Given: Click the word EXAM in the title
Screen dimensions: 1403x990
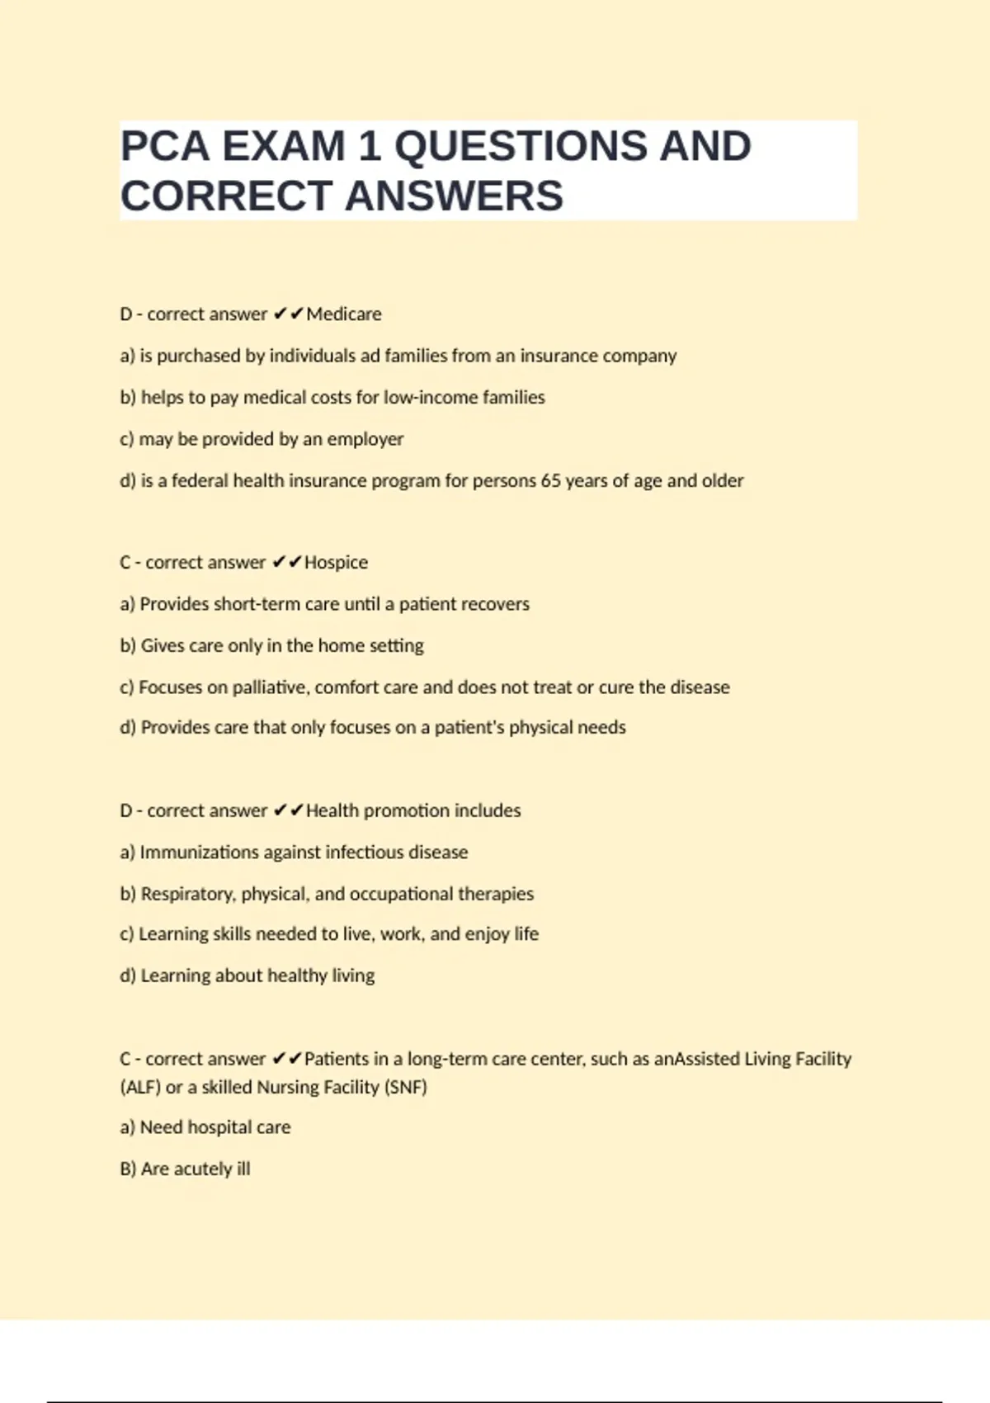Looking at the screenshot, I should coord(284,147).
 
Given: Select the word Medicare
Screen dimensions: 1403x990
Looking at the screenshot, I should coord(344,314).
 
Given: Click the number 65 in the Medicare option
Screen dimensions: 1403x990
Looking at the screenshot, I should coord(550,480).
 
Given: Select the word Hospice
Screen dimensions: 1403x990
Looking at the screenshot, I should coord(336,563).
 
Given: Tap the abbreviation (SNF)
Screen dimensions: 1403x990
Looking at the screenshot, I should coord(405,1088).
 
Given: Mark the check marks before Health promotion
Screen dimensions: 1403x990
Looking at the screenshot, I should coord(288,811).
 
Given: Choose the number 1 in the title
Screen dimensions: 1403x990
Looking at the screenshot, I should coord(369,147).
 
